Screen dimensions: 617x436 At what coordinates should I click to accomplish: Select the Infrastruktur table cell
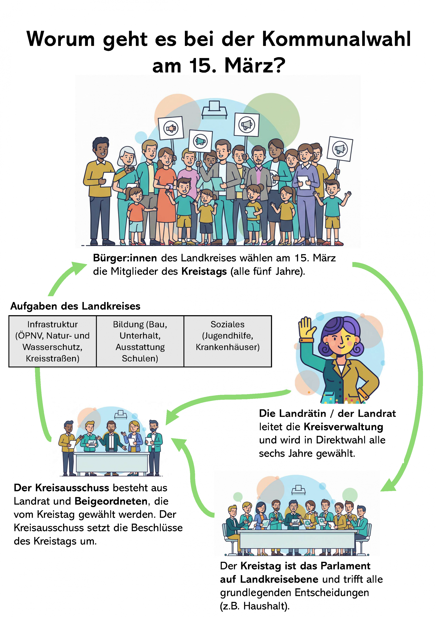point(53,341)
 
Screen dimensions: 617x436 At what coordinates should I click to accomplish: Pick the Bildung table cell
point(140,341)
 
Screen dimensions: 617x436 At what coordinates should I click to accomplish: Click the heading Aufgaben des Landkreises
point(75,306)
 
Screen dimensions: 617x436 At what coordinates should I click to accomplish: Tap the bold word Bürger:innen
point(125,258)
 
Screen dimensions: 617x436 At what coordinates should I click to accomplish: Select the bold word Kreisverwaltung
point(343,427)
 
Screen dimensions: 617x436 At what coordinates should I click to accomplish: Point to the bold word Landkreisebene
point(279,579)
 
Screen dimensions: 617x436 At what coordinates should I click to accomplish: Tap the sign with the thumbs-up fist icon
point(171,128)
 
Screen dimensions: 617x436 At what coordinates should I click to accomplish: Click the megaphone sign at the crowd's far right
point(340,149)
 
